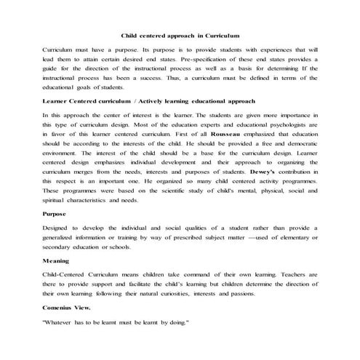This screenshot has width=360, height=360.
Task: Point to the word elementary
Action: coord(293,238)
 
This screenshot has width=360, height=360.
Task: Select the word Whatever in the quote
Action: coord(61,320)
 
